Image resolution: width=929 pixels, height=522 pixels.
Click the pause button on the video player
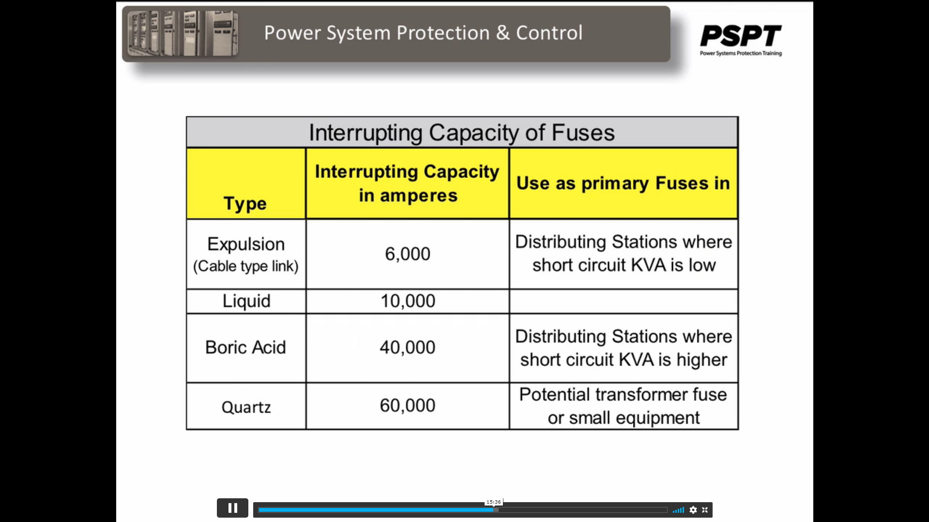(x=232, y=508)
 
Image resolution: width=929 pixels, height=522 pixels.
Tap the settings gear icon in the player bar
(x=693, y=510)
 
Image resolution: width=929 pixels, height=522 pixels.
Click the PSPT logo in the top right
(x=741, y=40)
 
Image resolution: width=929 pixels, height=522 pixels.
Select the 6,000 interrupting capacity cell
(x=408, y=254)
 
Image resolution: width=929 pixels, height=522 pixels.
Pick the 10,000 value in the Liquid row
(x=408, y=301)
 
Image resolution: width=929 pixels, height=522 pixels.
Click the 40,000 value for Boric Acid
(x=408, y=347)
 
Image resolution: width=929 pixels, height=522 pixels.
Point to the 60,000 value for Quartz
(x=408, y=405)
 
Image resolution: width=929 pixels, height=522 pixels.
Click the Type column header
(x=245, y=204)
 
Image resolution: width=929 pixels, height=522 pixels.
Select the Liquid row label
(x=246, y=301)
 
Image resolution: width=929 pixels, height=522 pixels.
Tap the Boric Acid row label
(x=245, y=347)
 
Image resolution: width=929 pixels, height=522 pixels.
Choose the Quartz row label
(x=246, y=407)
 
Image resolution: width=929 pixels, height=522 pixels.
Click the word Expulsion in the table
(x=246, y=244)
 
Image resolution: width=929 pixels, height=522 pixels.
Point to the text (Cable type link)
(x=245, y=266)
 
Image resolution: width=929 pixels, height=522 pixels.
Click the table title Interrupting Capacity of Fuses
(x=462, y=133)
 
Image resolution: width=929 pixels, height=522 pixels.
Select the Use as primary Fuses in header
(x=623, y=183)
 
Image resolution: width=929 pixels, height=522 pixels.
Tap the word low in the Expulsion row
(x=702, y=265)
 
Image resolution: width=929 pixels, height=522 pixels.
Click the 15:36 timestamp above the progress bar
(x=494, y=502)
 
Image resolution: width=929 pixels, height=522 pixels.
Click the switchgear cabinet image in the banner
(x=183, y=33)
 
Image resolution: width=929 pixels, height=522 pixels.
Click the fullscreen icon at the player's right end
(x=705, y=510)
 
